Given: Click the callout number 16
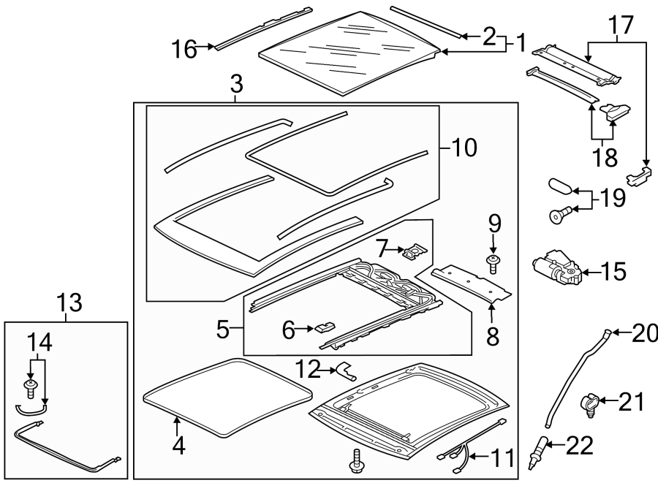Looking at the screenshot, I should coord(185,50).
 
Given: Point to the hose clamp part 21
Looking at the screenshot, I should coord(593,401).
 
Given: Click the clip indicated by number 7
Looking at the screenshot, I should coord(413,252).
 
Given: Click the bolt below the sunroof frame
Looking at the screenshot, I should coord(357,460).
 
